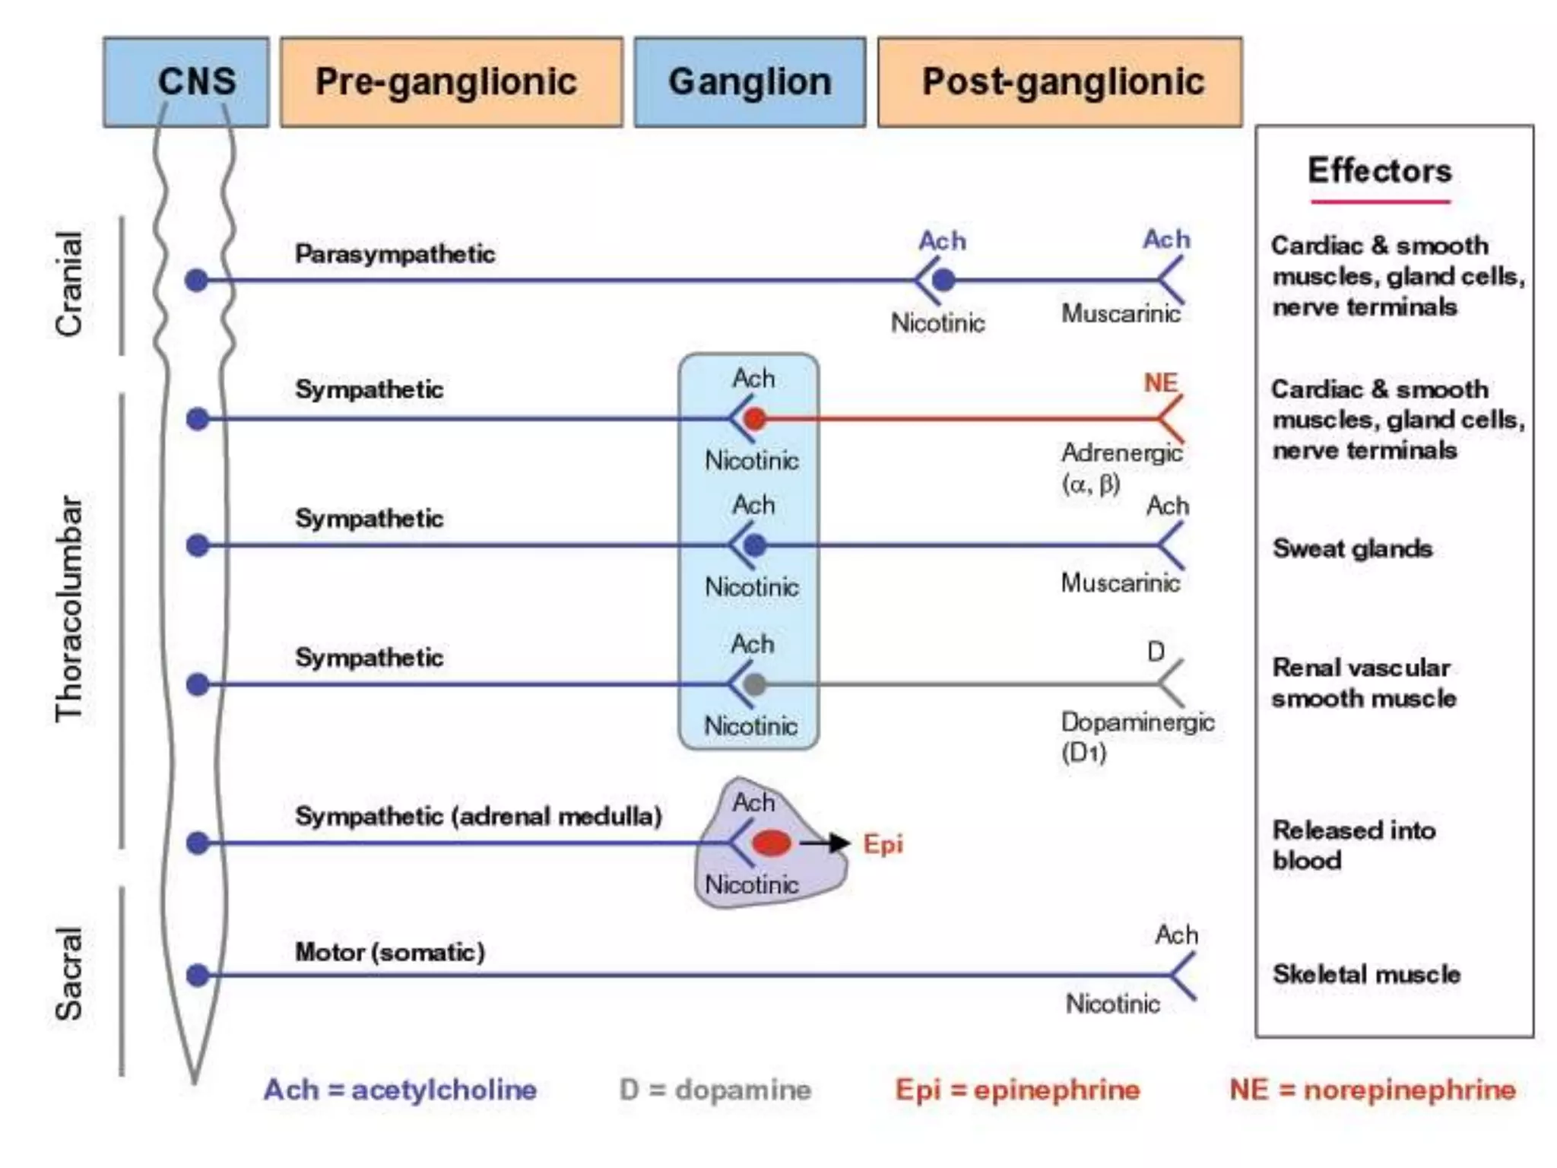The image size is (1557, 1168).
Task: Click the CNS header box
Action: pos(186,81)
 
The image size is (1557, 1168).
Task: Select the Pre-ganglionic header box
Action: pos(451,81)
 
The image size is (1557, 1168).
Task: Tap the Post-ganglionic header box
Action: pos(1060,81)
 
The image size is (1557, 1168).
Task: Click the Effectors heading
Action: pos(1379,170)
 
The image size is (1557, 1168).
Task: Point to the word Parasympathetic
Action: pos(395,254)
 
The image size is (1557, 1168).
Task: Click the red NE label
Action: pos(1160,382)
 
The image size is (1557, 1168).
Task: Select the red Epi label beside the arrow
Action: pos(883,844)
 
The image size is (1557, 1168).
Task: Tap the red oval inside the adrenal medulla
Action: pos(771,843)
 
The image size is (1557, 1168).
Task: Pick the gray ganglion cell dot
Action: pos(754,684)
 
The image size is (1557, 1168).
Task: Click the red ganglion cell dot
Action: pos(754,418)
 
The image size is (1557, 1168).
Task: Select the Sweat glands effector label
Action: pos(1352,548)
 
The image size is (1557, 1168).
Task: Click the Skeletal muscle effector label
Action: pos(1366,974)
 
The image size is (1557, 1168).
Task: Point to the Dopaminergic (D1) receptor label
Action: pos(1137,736)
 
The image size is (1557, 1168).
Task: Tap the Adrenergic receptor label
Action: pos(1121,466)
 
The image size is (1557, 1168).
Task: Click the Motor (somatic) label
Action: pos(389,952)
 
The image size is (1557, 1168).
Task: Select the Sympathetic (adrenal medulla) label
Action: pos(478,816)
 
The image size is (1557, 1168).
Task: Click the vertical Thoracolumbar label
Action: pos(69,608)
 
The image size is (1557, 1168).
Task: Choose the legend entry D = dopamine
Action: pos(715,1090)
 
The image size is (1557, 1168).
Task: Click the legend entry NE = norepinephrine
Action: pos(1372,1090)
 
